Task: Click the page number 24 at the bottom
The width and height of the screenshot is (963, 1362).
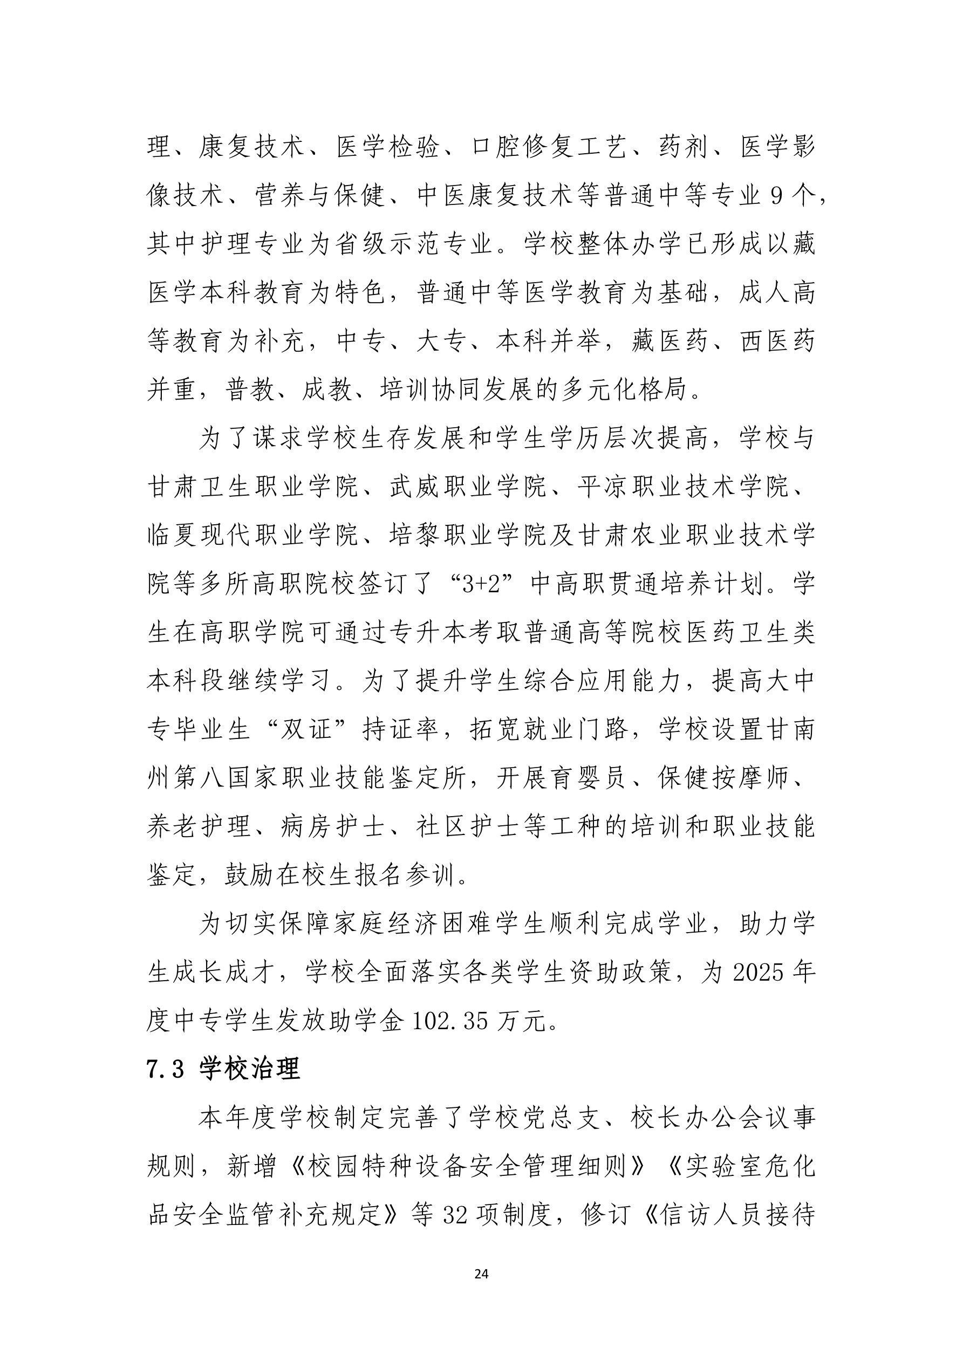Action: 481,1274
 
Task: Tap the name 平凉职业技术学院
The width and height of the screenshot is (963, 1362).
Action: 683,487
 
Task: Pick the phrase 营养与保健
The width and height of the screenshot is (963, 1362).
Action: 320,196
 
